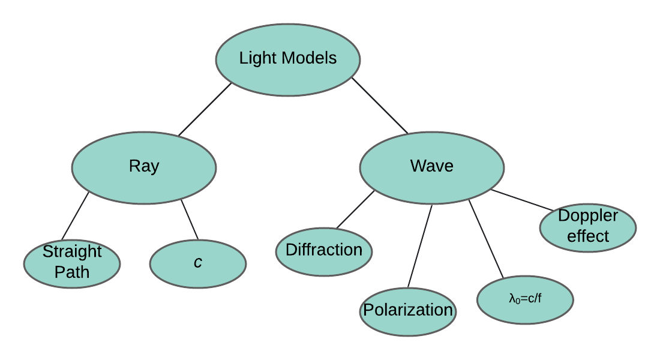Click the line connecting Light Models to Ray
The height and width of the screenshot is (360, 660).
point(205,109)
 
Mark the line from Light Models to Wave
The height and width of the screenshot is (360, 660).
point(380,106)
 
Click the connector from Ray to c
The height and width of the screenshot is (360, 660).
point(190,220)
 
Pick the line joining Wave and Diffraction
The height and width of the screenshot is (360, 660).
point(355,210)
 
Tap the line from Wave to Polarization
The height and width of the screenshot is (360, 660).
point(420,246)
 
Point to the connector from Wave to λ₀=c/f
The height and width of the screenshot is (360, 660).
point(486,240)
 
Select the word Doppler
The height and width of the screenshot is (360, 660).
point(588,216)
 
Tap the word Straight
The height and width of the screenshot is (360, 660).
point(72,251)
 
